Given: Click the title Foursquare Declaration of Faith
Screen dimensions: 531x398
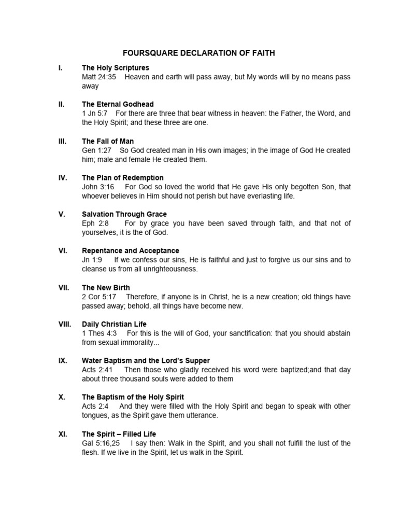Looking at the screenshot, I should tap(198, 52).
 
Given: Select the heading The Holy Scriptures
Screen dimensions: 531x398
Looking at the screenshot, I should tap(115, 67).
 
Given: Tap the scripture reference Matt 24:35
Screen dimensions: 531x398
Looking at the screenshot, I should tap(99, 77).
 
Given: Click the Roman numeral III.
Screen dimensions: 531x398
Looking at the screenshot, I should tap(62, 141).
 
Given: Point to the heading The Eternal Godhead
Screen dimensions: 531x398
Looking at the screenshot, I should tap(118, 104).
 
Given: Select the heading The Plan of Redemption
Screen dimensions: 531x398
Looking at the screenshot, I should tap(123, 178).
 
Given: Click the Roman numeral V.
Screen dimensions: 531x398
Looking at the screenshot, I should tap(62, 214).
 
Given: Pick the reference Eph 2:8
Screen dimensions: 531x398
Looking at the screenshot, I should tap(95, 223).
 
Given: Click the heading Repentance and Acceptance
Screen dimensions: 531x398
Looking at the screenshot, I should tap(131, 251).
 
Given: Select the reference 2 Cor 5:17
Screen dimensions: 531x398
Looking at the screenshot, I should tap(99, 297).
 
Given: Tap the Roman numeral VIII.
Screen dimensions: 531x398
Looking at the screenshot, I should tap(65, 324).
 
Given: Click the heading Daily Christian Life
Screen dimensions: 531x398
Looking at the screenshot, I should tap(114, 324).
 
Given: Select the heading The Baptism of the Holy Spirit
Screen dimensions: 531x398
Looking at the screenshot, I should tap(133, 397).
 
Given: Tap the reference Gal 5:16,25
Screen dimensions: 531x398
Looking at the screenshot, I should tap(101, 443).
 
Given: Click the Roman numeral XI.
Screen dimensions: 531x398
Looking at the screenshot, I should tap(62, 434).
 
